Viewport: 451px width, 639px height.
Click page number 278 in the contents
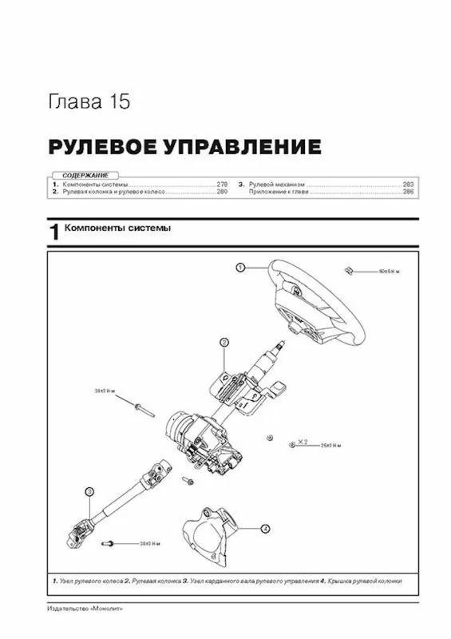coord(221,185)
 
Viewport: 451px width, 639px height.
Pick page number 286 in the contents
coord(407,192)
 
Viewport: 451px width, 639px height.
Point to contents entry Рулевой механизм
coord(276,185)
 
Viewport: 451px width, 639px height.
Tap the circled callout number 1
coord(239,268)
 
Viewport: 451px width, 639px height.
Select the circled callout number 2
coord(224,342)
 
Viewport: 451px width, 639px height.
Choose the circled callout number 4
coord(265,528)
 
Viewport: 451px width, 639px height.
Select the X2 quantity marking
coord(303,440)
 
